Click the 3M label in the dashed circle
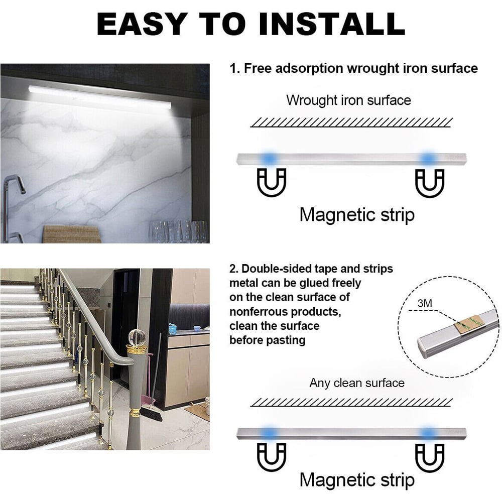(x=425, y=303)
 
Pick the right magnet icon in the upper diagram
(x=430, y=183)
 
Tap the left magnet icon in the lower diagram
(x=272, y=457)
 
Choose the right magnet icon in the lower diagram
(x=430, y=457)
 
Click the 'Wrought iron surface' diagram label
(x=348, y=100)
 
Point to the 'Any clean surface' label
(x=356, y=383)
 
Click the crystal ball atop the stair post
(x=137, y=338)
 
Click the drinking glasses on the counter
(x=178, y=231)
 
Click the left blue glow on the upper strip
(x=268, y=158)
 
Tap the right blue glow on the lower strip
(x=428, y=433)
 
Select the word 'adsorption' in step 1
(x=309, y=68)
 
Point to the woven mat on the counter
(x=73, y=234)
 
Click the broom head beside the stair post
(x=152, y=414)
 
